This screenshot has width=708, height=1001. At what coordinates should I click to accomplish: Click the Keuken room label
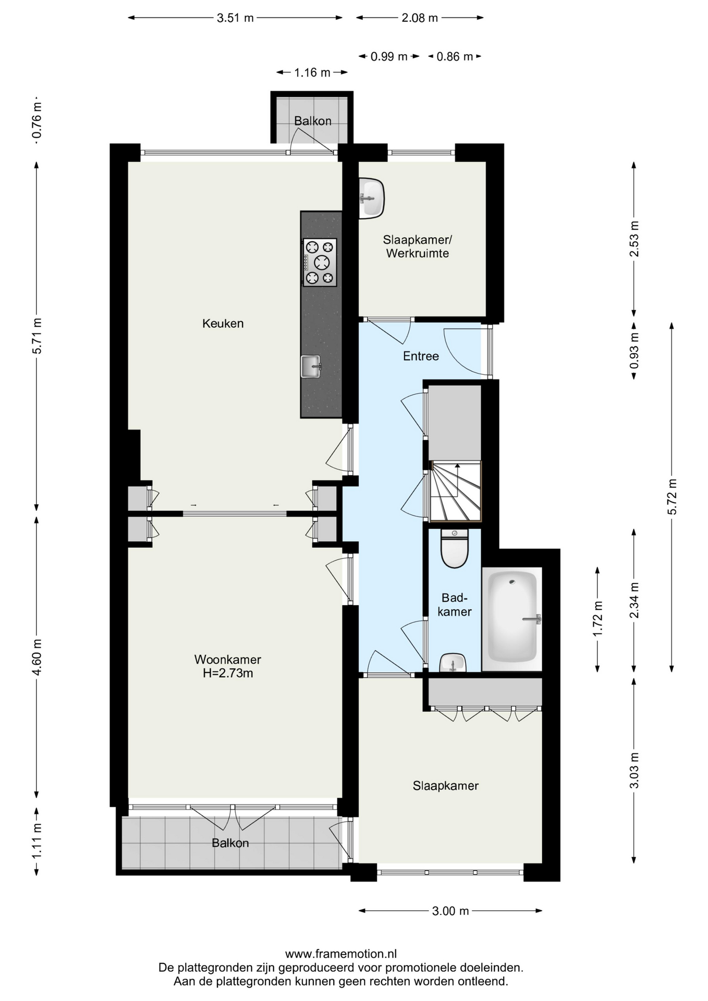click(223, 323)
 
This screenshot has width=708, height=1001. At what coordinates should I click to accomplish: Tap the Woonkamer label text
click(227, 660)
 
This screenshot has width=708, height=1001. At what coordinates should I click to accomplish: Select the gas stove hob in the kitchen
click(320, 263)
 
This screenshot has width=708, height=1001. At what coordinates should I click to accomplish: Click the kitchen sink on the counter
click(311, 366)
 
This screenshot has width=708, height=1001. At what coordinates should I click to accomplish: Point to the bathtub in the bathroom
click(512, 618)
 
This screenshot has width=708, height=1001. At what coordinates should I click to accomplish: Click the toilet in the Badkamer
click(455, 548)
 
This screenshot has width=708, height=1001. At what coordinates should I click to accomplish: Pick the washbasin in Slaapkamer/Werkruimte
click(371, 198)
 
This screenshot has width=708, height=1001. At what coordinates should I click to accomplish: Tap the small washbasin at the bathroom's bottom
click(453, 663)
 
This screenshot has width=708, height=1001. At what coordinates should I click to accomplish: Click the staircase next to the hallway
click(455, 491)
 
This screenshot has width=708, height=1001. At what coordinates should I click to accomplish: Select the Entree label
click(421, 356)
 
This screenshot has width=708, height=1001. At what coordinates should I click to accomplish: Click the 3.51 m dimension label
click(235, 18)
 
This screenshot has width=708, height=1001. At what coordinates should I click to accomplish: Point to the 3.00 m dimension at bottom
click(450, 911)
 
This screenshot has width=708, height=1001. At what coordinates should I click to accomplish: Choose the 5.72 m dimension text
click(672, 496)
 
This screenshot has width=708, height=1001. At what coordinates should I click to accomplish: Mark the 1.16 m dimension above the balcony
click(312, 72)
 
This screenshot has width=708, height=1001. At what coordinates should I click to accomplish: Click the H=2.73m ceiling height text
click(228, 673)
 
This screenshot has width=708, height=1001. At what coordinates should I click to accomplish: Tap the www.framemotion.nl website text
click(341, 954)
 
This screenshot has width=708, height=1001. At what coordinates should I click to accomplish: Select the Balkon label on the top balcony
click(313, 121)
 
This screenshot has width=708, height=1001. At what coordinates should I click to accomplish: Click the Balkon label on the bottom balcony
click(230, 843)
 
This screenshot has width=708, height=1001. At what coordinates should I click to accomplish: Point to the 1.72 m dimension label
click(597, 619)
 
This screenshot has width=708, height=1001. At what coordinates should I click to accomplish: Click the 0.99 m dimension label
click(389, 56)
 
